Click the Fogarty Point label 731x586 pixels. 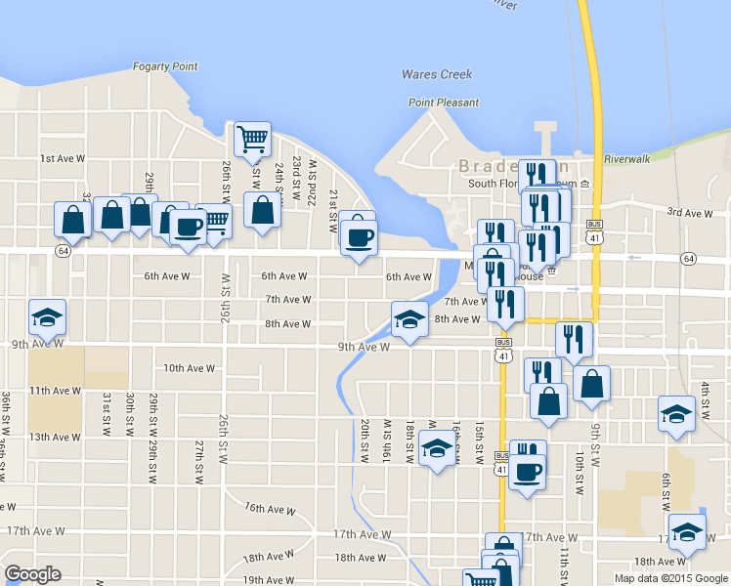click(165, 66)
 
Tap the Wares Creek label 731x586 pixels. click(437, 74)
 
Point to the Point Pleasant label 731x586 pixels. click(444, 103)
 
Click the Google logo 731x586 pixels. click(32, 574)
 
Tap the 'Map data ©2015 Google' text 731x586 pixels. click(670, 578)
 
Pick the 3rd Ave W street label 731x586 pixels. click(690, 213)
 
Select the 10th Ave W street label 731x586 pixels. click(189, 368)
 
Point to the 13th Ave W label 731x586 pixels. click(54, 437)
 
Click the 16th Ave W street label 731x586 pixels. click(270, 509)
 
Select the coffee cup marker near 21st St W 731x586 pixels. click(360, 237)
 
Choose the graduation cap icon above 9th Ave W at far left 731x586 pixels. click(47, 315)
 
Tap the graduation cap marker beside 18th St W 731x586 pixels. click(437, 449)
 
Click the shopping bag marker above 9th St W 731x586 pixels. click(591, 383)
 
